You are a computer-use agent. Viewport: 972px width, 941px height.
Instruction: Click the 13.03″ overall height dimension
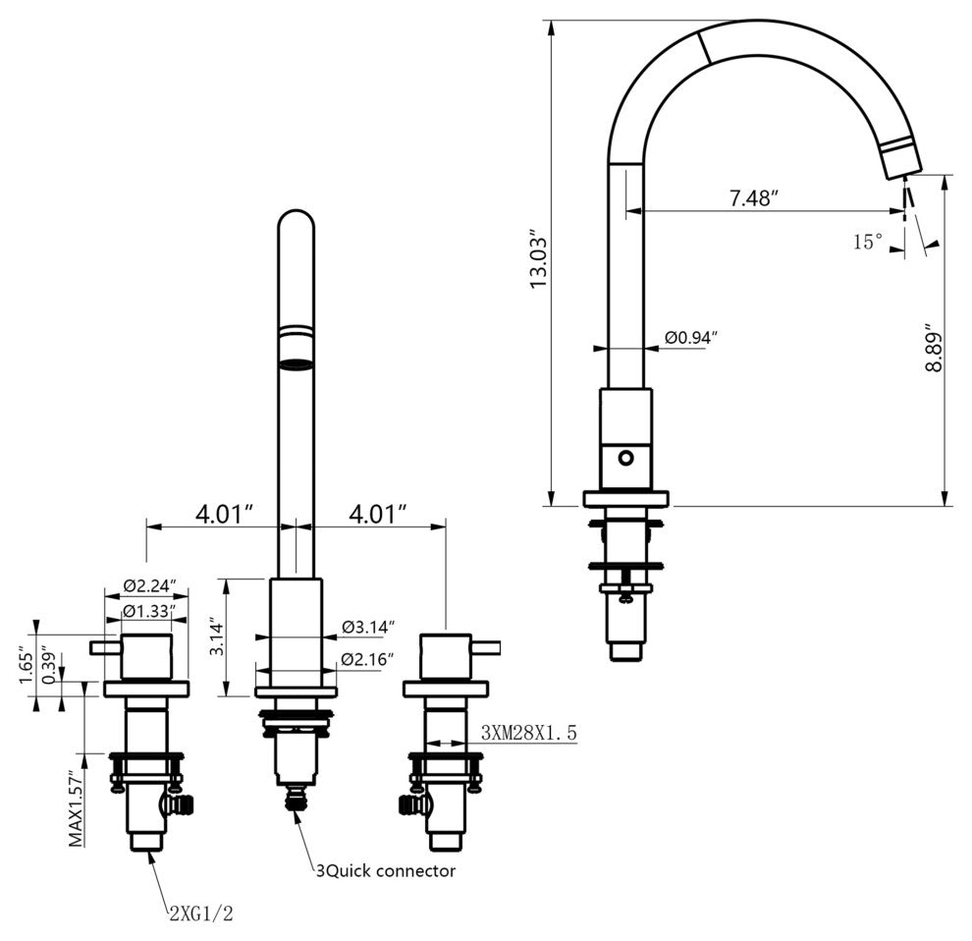(x=538, y=262)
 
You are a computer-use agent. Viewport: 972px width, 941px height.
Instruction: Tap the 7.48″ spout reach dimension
(x=752, y=197)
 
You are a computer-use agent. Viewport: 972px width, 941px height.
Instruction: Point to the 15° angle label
(x=868, y=242)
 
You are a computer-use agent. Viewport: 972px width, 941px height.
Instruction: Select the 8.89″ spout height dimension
(x=932, y=347)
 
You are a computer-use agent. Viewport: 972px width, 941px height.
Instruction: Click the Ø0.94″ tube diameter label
(x=691, y=338)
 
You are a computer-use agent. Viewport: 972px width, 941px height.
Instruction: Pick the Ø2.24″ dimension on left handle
(x=150, y=585)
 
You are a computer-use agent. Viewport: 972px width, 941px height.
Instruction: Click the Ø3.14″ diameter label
(x=368, y=627)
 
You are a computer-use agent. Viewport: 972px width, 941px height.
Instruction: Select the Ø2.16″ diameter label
(x=368, y=659)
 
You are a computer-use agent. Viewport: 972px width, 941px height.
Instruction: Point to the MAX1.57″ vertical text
(x=76, y=807)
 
